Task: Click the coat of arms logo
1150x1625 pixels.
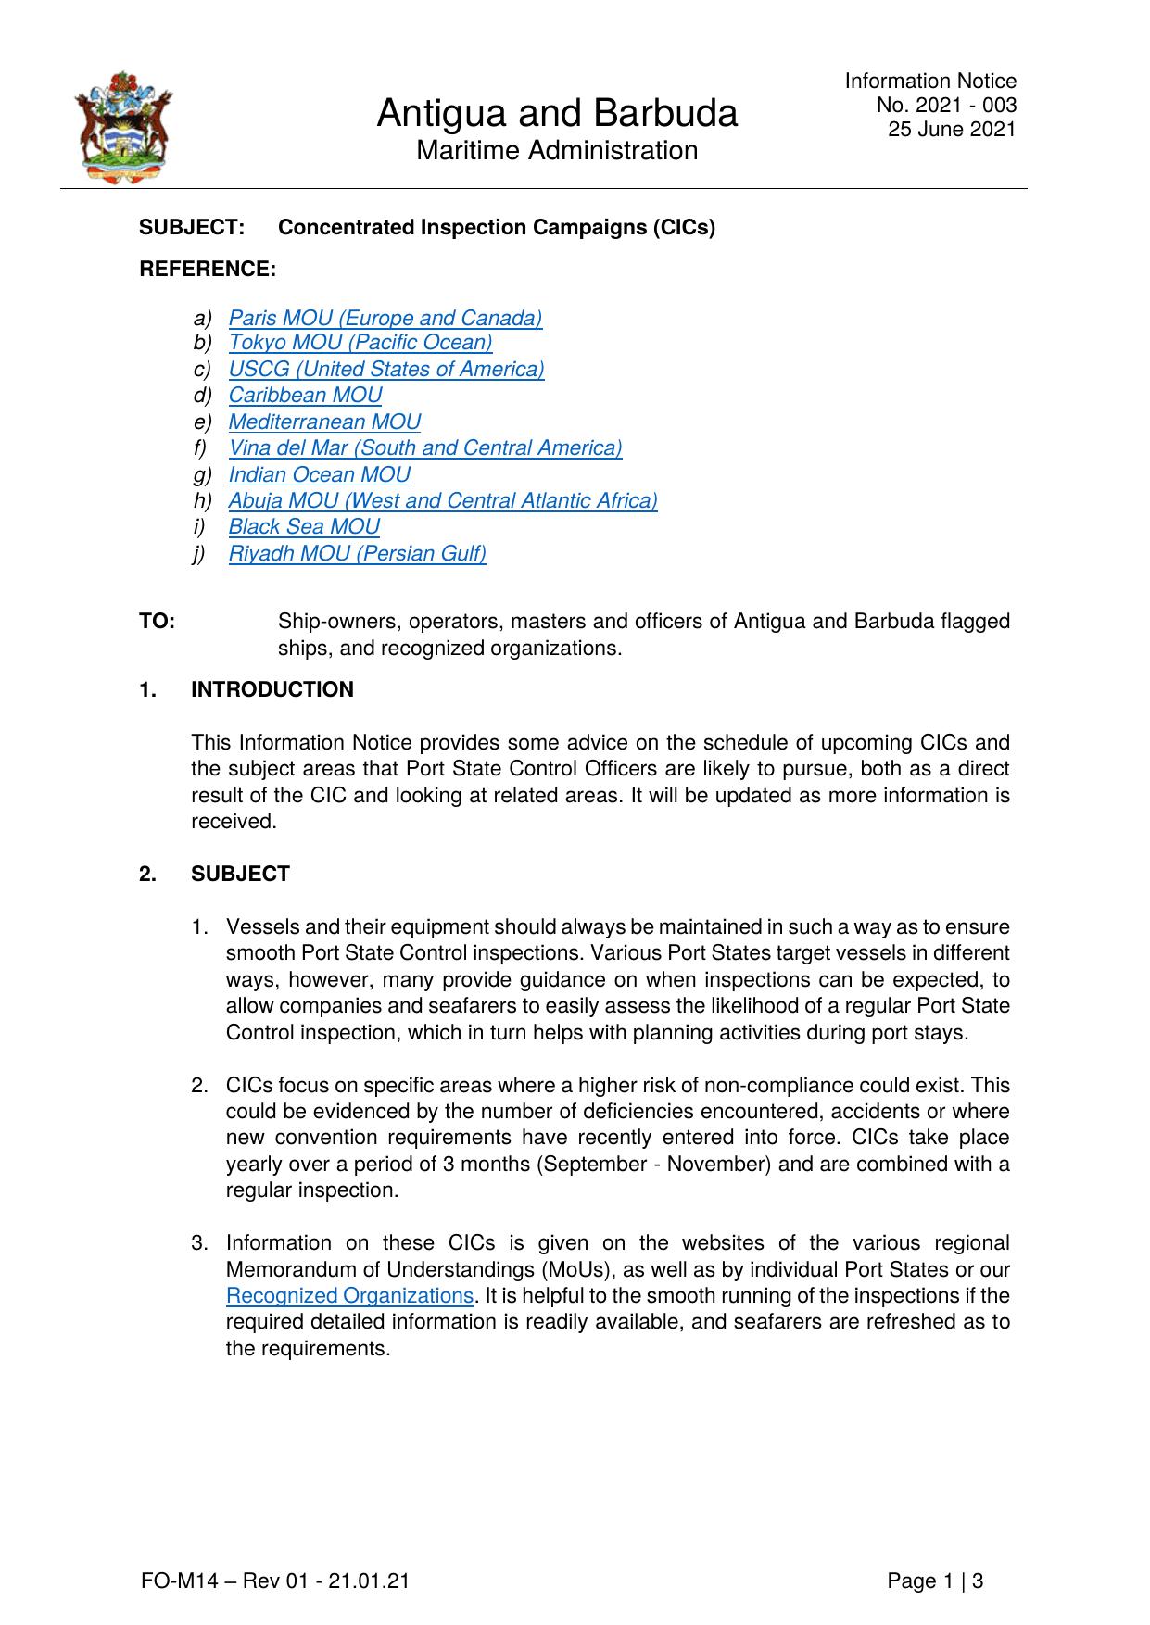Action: tap(124, 128)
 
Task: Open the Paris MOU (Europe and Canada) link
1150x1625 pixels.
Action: tap(385, 318)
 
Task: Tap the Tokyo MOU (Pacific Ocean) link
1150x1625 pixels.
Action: tap(360, 342)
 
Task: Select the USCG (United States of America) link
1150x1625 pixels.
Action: tap(386, 369)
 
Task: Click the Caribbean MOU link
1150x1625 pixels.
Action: tap(305, 395)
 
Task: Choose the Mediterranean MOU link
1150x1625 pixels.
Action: tap(324, 422)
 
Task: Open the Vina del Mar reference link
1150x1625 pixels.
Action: tap(425, 447)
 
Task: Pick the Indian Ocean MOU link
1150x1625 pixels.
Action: tap(320, 474)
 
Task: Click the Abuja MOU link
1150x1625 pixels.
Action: tap(443, 500)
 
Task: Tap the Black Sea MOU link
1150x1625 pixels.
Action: tap(304, 526)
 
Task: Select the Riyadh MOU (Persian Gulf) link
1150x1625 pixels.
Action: tap(358, 553)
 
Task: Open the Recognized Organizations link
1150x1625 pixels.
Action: tap(349, 1295)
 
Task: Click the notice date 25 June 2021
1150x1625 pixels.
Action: tap(952, 129)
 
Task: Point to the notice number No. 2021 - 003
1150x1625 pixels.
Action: tap(946, 105)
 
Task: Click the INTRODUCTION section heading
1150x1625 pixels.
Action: tap(272, 689)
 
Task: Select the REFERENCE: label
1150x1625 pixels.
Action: tap(208, 269)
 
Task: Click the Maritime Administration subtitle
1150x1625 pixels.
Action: tap(557, 150)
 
